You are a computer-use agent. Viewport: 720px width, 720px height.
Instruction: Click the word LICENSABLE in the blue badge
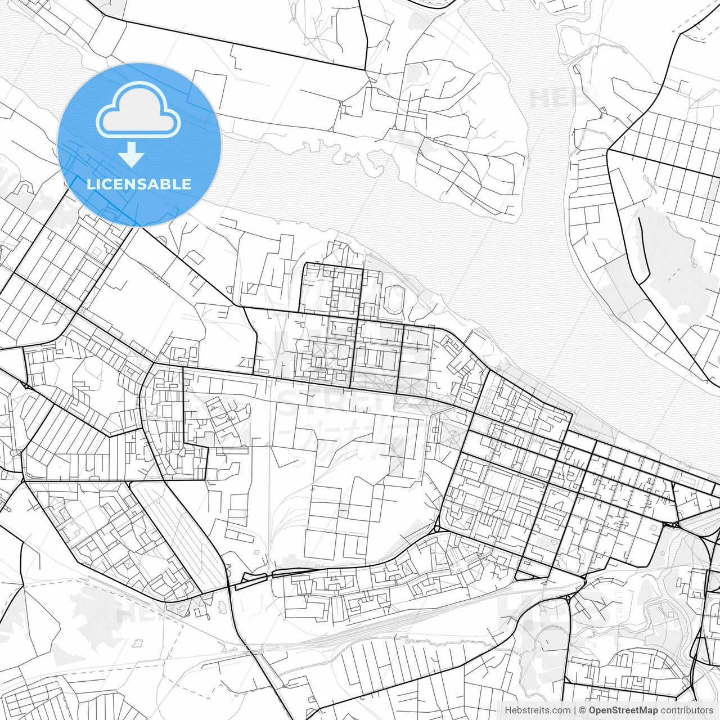(139, 184)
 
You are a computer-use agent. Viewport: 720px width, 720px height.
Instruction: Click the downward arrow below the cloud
(132, 154)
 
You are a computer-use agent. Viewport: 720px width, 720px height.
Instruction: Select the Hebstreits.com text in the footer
(537, 710)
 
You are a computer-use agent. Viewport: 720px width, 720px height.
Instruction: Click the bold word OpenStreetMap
(623, 710)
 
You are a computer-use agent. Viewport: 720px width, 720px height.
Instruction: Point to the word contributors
(687, 710)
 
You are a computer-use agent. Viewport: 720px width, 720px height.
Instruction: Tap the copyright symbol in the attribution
(583, 710)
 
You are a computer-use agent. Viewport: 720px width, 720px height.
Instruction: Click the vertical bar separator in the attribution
(574, 710)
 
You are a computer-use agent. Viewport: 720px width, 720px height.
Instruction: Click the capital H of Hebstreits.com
(508, 710)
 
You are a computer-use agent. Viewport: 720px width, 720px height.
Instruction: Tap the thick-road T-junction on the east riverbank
(609, 150)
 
